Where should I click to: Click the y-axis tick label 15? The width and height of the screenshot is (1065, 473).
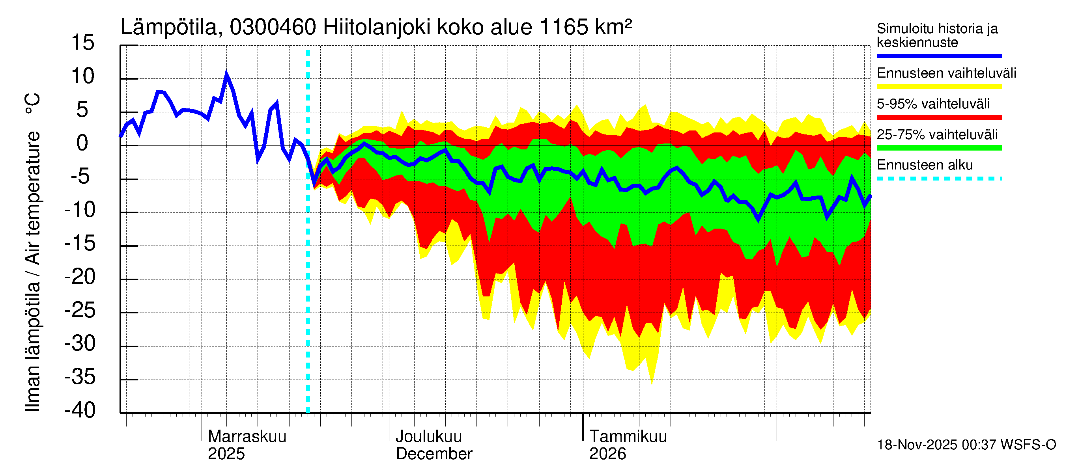[83, 43]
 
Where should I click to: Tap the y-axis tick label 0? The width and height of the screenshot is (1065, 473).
[82, 143]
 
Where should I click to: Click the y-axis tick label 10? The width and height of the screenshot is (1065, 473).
[83, 76]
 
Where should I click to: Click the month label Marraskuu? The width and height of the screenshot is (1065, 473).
[247, 436]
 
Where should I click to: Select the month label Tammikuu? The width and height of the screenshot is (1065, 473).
[628, 436]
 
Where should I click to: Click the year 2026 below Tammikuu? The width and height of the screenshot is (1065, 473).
[607, 454]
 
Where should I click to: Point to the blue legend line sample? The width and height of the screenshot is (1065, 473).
[939, 56]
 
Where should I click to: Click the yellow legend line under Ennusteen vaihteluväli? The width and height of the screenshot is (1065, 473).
[939, 86]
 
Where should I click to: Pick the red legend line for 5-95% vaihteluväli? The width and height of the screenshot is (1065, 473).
[939, 117]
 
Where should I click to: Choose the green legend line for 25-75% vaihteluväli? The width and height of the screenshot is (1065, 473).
[939, 148]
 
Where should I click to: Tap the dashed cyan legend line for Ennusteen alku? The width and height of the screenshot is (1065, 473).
[939, 179]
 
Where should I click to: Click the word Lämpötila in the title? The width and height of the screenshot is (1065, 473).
[169, 27]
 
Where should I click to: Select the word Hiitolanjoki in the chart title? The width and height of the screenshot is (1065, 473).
[377, 27]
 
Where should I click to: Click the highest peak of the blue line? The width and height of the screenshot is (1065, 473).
[226, 75]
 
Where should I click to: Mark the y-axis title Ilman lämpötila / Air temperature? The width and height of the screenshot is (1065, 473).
[33, 252]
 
